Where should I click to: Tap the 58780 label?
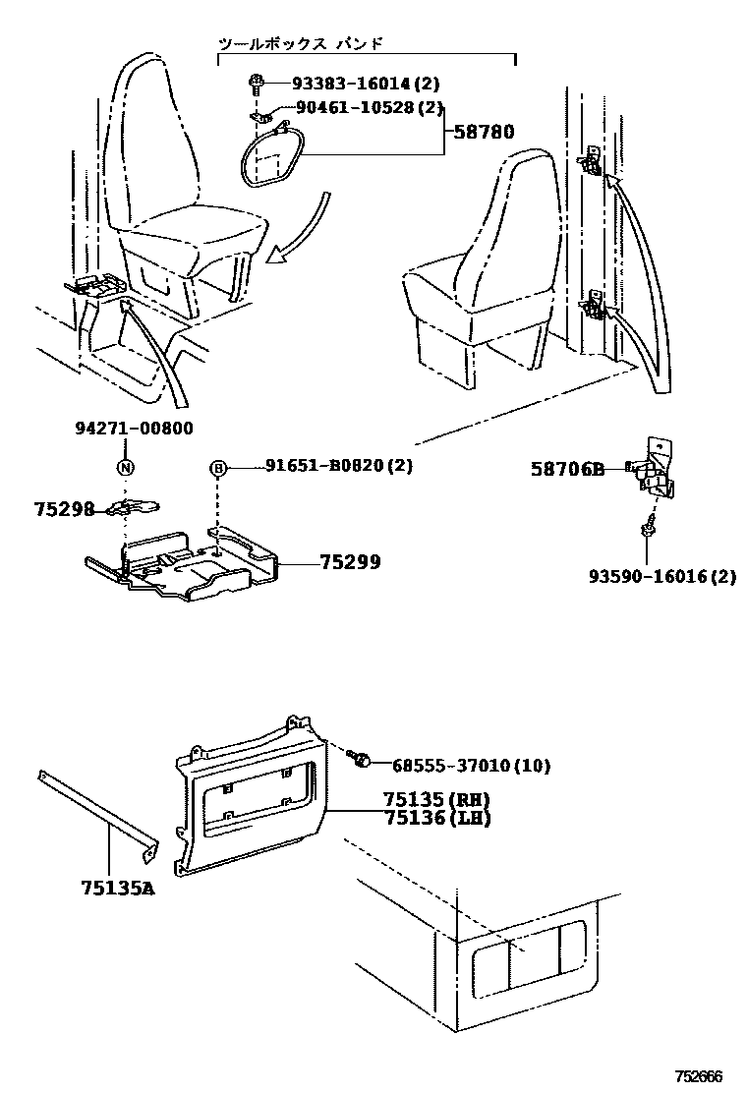point(483,132)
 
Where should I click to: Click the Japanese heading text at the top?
point(300,44)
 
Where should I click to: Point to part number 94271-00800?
point(134,429)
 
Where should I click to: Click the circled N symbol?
point(125,468)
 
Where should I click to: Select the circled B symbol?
point(218,468)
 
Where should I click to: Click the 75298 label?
point(64,509)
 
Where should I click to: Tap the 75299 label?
point(350,562)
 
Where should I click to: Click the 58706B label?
point(568,470)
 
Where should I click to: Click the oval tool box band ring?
point(274,157)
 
